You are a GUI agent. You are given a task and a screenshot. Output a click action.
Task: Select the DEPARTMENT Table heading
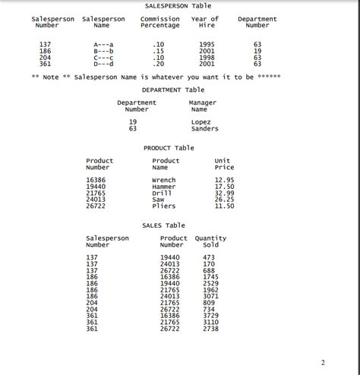(173, 90)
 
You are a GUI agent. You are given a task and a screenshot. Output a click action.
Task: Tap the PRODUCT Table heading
(169, 148)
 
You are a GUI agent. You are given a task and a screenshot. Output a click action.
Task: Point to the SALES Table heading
(163, 225)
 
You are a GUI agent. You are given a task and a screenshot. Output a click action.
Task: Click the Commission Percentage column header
(159, 23)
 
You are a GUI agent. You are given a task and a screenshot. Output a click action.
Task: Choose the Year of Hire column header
(205, 23)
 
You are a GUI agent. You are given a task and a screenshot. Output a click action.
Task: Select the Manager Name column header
(202, 106)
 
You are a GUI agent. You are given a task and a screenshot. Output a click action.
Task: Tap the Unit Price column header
(224, 164)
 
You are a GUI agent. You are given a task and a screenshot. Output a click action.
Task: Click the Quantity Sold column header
(210, 241)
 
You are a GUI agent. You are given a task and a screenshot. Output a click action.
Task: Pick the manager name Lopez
(201, 121)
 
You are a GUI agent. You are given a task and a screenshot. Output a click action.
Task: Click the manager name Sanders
(204, 128)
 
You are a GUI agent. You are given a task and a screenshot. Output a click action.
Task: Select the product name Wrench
(164, 180)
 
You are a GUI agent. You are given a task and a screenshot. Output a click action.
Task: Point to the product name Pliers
(164, 206)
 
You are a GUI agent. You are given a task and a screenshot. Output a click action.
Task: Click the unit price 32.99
(224, 193)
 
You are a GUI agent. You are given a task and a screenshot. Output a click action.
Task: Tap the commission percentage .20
(158, 64)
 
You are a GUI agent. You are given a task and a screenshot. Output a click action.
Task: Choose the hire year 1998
(207, 57)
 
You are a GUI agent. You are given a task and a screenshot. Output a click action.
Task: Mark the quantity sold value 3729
(210, 315)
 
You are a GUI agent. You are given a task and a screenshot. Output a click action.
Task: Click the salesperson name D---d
(103, 64)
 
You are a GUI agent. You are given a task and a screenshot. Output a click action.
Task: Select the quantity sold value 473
(208, 257)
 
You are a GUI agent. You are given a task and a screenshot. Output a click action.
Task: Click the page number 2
(323, 361)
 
